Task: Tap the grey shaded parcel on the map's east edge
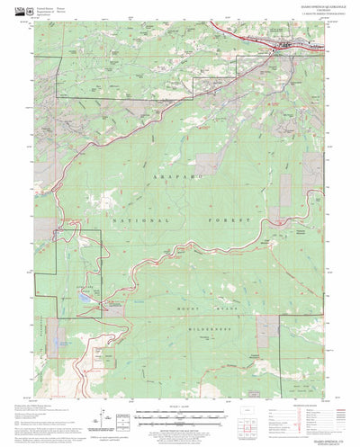[x=285, y=189]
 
